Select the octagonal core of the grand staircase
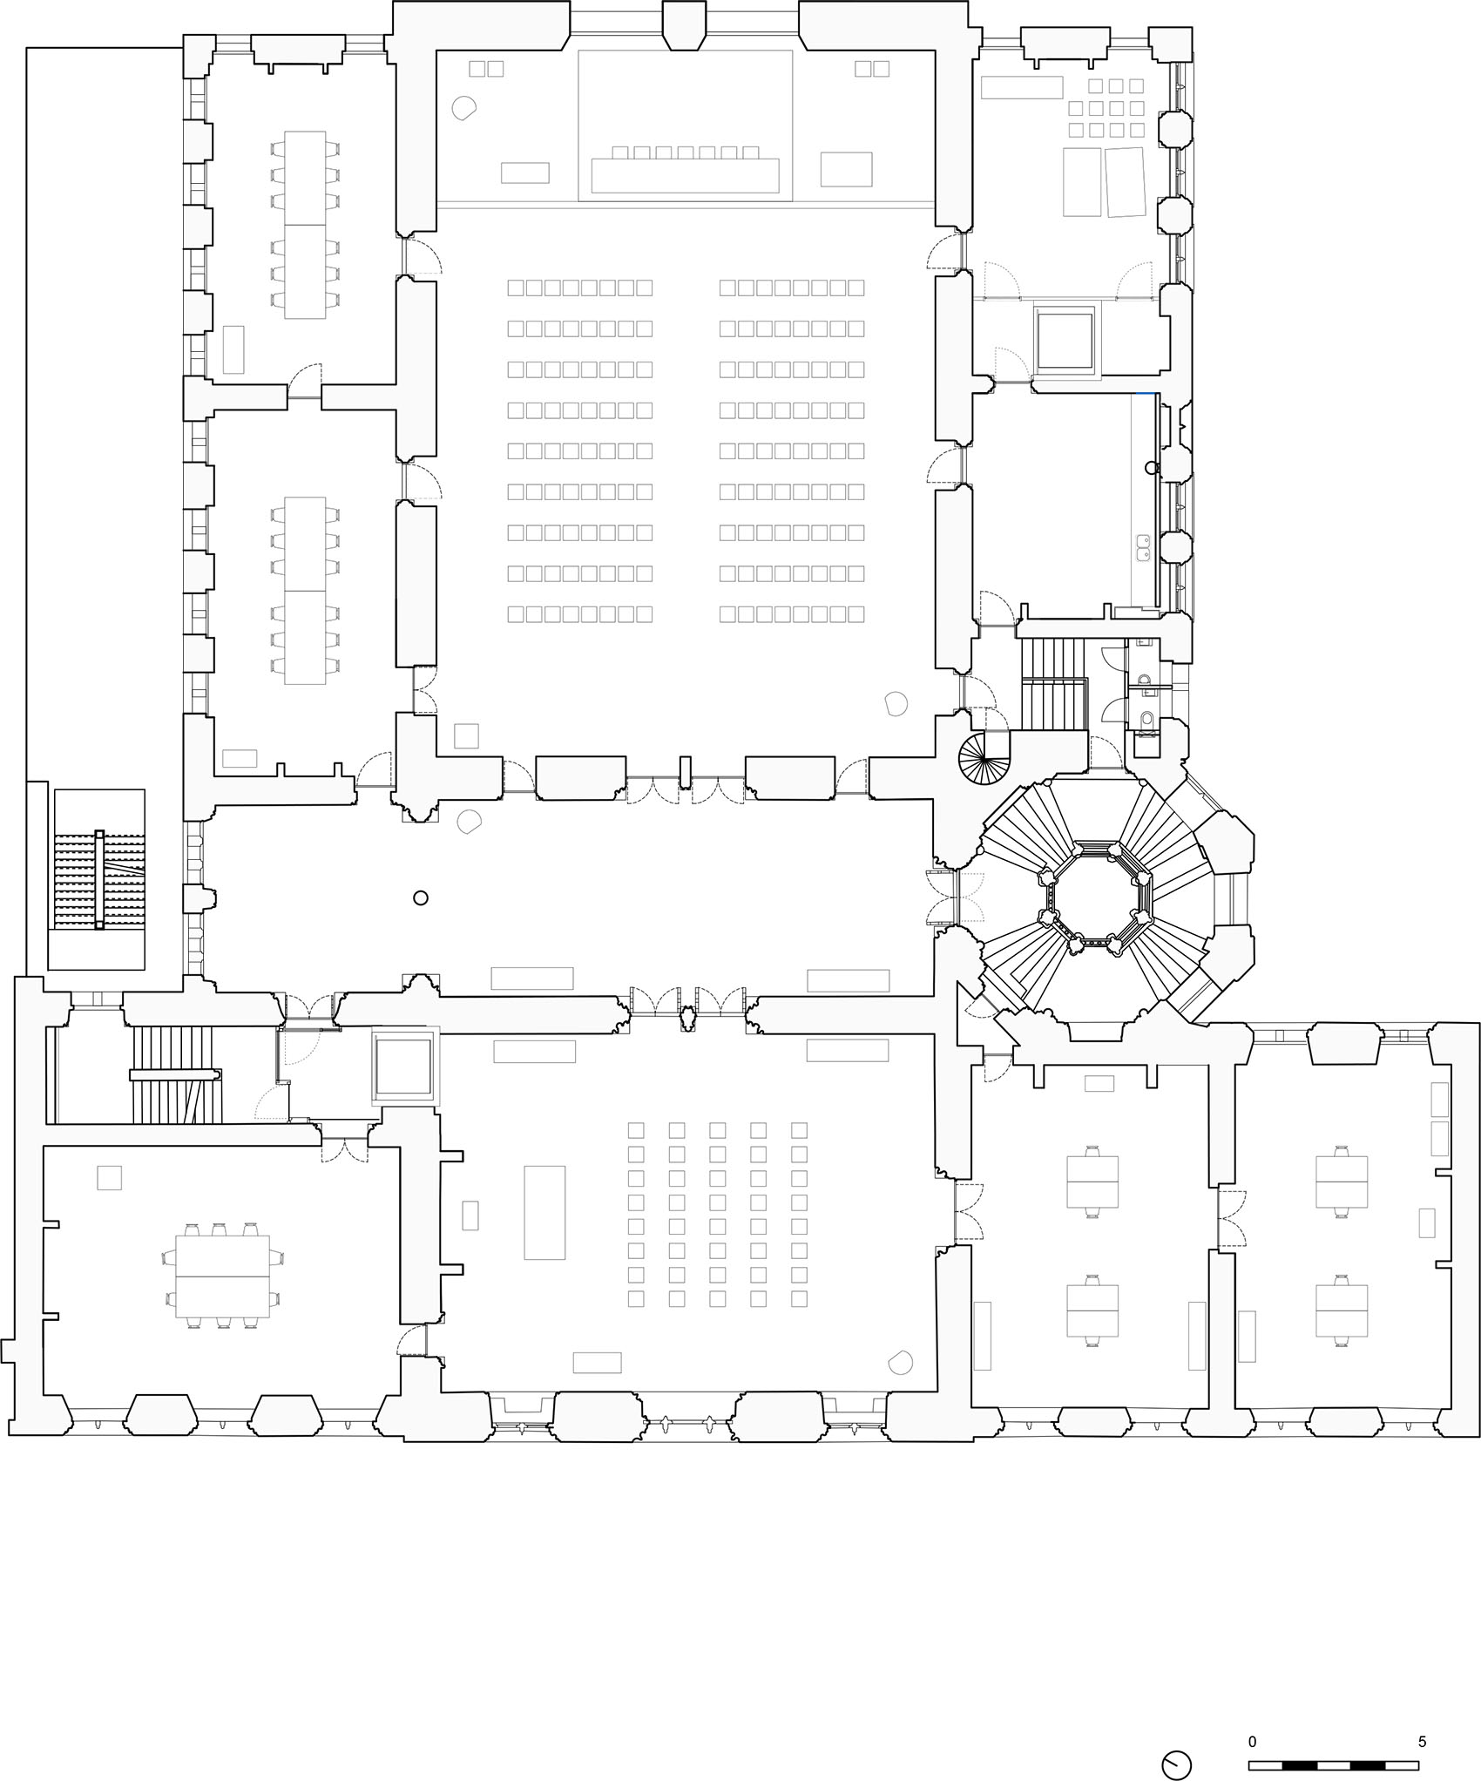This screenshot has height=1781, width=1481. [x=1095, y=895]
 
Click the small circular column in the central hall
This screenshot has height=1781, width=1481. [x=421, y=897]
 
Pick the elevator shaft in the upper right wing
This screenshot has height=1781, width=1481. [x=1065, y=338]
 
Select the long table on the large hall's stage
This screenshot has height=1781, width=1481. [x=684, y=174]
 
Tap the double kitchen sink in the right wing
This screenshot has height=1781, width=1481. [x=1145, y=546]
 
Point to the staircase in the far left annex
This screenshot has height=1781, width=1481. [x=98, y=880]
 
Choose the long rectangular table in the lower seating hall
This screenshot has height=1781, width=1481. [x=544, y=1212]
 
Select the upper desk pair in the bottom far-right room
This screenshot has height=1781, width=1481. [x=1342, y=1182]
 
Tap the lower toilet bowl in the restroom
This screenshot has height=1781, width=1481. [x=1147, y=720]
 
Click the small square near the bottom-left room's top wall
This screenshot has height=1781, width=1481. [x=109, y=1177]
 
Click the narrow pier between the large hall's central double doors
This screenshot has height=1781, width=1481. [x=686, y=770]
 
